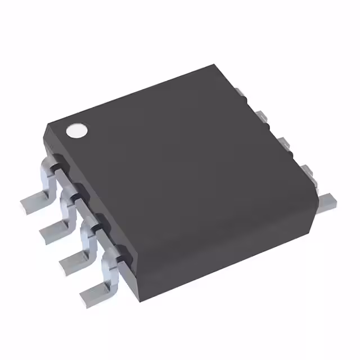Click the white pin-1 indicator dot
pyautogui.click(x=77, y=131)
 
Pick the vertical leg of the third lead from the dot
pyautogui.click(x=90, y=236)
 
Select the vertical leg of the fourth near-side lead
pyautogui.click(x=110, y=270)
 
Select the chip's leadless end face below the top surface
pyautogui.click(x=225, y=247)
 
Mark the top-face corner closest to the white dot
pyautogui.click(x=49, y=125)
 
